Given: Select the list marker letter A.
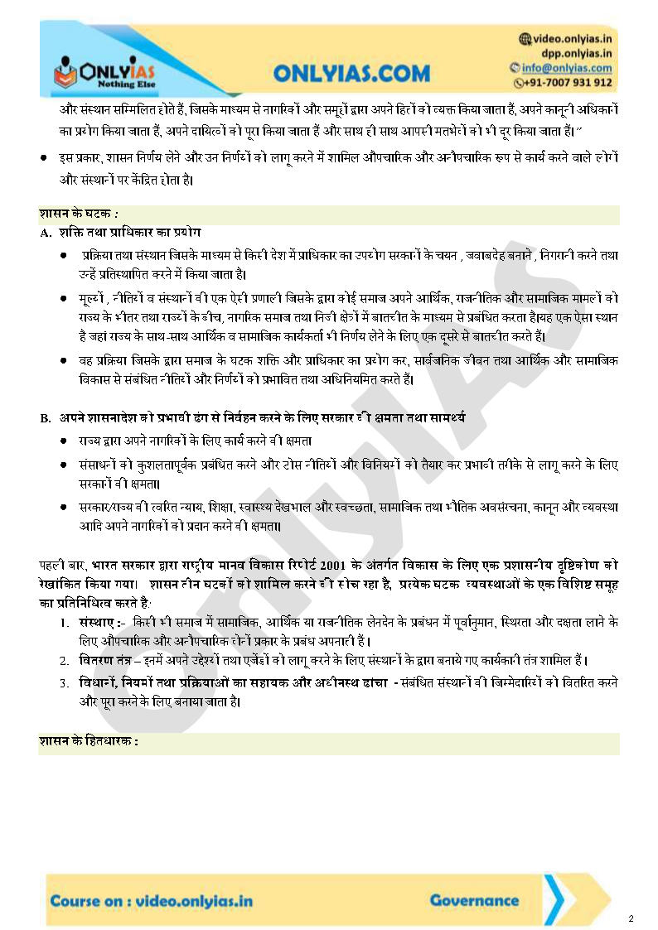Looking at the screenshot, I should coord(46,233).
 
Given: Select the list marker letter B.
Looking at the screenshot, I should coord(46,418).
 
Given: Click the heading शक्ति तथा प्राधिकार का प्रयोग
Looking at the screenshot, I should coord(130,233).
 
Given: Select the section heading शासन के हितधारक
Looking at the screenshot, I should coord(88,741).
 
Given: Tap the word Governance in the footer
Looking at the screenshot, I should coord(474,900).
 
